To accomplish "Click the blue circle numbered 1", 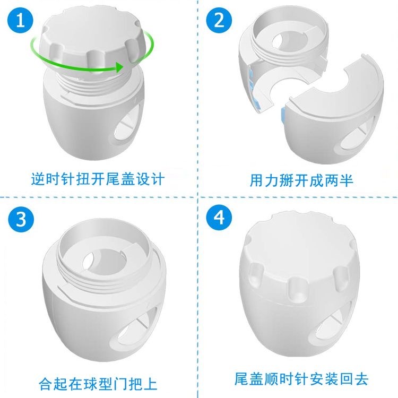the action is pyautogui.click(x=20, y=20).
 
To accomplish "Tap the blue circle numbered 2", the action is pyautogui.click(x=219, y=20).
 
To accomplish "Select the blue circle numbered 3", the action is pyautogui.click(x=21, y=219).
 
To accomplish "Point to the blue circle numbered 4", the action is pyautogui.click(x=219, y=218).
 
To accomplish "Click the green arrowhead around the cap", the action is pyautogui.click(x=119, y=67).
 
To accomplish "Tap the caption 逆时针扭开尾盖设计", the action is pyautogui.click(x=98, y=179).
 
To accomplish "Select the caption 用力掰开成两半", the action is pyautogui.click(x=301, y=180).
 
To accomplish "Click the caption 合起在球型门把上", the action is pyautogui.click(x=98, y=384).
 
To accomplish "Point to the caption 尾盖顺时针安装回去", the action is pyautogui.click(x=301, y=379).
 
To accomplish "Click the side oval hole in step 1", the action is pyautogui.click(x=126, y=129).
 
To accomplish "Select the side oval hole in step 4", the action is pyautogui.click(x=331, y=322).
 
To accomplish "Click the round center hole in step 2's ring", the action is pyautogui.click(x=289, y=41).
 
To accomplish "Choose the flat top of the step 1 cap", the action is pyautogui.click(x=90, y=28).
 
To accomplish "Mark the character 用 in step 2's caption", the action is pyautogui.click(x=256, y=180).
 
